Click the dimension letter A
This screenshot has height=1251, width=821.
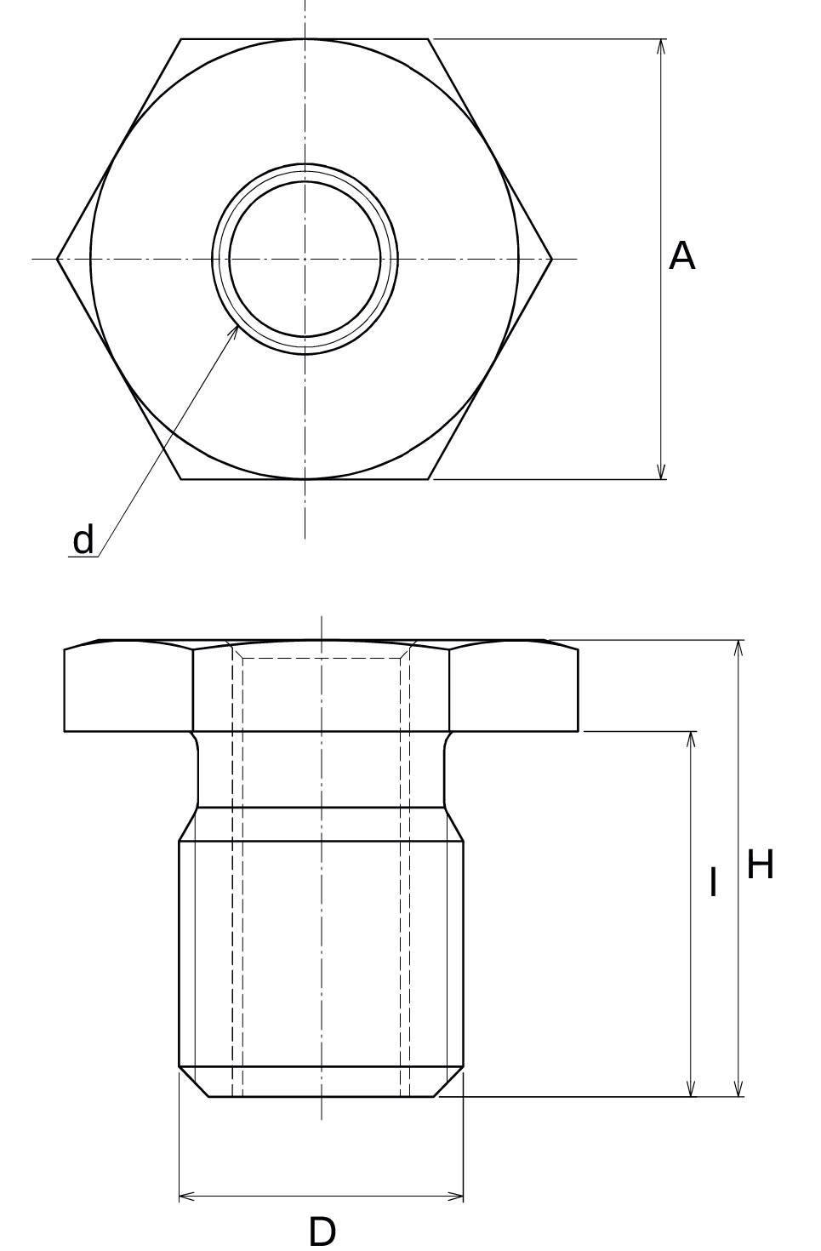(681, 256)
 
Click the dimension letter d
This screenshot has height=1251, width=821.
(83, 540)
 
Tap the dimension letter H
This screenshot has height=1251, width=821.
(760, 865)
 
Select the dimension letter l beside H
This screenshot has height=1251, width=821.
(713, 883)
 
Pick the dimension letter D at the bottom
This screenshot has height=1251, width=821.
(322, 1231)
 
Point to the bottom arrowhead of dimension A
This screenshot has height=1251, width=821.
(661, 472)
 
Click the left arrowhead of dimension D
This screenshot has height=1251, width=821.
(186, 1197)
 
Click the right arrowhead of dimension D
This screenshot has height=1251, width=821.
(456, 1197)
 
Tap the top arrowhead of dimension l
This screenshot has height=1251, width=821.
(691, 739)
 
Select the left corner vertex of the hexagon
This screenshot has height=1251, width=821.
(58, 259)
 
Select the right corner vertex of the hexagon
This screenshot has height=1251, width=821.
(551, 259)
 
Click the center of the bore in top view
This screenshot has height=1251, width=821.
(305, 259)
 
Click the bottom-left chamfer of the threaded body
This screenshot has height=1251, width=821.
(194, 1082)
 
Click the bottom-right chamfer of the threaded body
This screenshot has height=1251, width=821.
(449, 1082)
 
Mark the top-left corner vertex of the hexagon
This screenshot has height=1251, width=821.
(181, 39)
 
